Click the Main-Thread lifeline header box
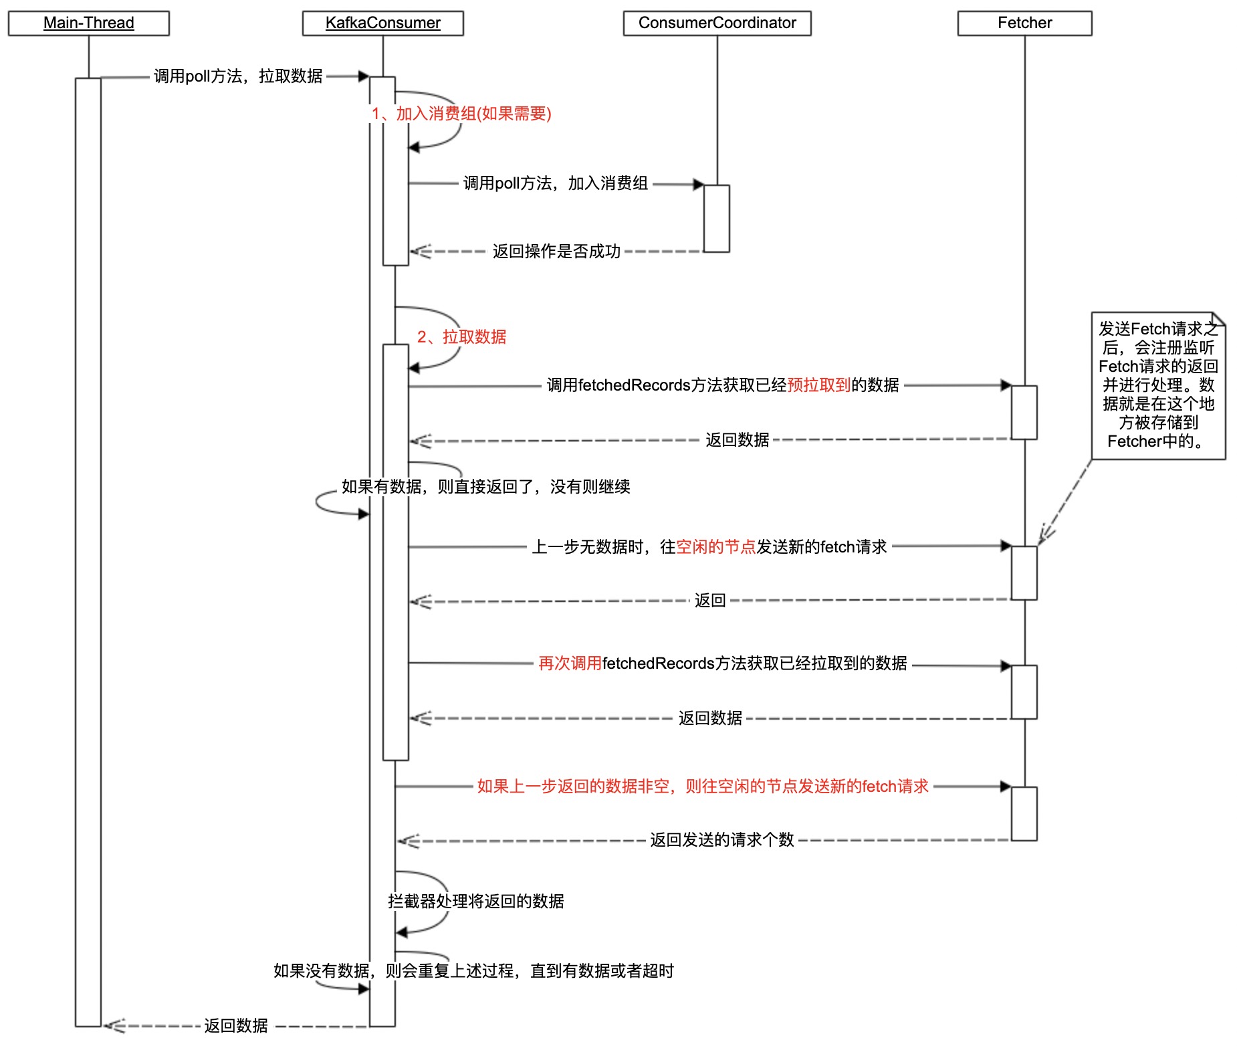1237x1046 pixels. point(88,23)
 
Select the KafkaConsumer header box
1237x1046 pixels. point(382,23)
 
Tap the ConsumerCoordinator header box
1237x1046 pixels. point(717,23)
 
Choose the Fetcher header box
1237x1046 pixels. point(1024,23)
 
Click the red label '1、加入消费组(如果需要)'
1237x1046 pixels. point(461,114)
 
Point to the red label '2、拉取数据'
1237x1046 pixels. point(461,337)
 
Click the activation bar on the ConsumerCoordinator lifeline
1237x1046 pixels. point(716,219)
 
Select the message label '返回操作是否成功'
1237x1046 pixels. point(556,251)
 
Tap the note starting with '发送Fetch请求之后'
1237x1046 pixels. point(1158,385)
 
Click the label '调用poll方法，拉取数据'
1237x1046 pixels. point(238,76)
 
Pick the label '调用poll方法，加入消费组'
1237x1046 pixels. point(555,183)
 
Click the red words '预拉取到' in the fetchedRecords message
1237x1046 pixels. point(818,385)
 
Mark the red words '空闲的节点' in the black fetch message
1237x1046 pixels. point(715,547)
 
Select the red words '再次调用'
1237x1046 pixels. point(570,663)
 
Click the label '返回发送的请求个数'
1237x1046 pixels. point(722,840)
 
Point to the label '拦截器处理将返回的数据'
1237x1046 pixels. point(476,902)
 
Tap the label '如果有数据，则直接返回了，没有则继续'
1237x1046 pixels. point(485,487)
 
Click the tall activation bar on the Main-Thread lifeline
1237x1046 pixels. point(88,552)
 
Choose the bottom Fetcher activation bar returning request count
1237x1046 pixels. point(1024,814)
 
